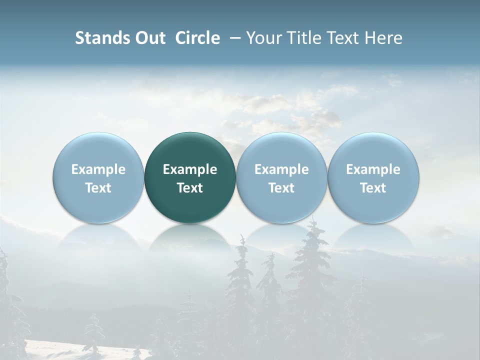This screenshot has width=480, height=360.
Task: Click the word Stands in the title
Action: click(102, 38)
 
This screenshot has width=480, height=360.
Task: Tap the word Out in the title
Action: click(149, 38)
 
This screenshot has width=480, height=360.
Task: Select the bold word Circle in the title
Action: click(197, 38)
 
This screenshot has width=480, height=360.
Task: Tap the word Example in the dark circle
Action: click(190, 169)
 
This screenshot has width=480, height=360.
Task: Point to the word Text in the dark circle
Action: click(190, 188)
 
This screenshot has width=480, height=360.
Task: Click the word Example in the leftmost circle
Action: click(98, 169)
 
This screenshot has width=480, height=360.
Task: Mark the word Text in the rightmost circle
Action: click(373, 188)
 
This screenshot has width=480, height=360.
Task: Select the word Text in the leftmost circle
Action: click(98, 188)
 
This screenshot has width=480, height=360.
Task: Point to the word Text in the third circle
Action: click(281, 188)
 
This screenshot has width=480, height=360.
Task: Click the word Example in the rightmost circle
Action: click(373, 169)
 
